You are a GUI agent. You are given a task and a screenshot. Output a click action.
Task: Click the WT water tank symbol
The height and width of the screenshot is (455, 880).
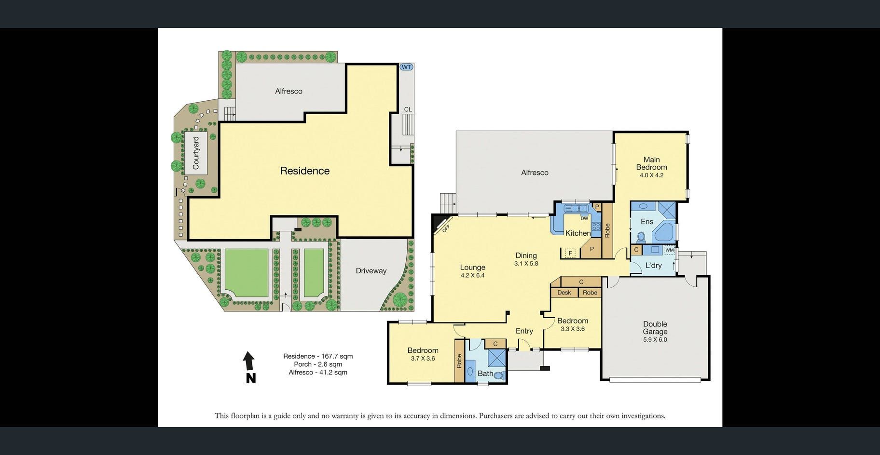(x=406, y=67)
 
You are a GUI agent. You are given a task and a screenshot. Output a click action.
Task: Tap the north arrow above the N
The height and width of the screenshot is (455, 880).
(x=248, y=361)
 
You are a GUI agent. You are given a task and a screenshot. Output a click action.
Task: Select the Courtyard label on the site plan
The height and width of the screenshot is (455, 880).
(x=196, y=153)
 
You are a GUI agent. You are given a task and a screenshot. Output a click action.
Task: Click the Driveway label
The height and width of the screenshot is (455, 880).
(x=371, y=271)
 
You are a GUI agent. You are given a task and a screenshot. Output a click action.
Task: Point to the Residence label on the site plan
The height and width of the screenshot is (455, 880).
(x=305, y=171)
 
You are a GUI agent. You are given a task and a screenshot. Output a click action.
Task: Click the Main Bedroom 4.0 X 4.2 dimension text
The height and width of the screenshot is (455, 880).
(x=651, y=175)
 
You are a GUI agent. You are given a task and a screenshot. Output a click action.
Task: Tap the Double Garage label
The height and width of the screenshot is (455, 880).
(x=655, y=328)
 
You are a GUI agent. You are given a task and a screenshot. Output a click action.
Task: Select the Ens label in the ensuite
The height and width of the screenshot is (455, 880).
(x=647, y=222)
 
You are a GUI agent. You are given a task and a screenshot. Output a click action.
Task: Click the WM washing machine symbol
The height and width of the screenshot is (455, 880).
(x=669, y=250)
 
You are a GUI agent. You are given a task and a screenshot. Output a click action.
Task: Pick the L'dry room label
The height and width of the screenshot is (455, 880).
(x=654, y=266)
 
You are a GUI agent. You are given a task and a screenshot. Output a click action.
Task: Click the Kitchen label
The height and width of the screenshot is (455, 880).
(x=578, y=233)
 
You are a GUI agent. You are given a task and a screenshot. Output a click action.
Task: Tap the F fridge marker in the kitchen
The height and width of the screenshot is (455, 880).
(x=571, y=253)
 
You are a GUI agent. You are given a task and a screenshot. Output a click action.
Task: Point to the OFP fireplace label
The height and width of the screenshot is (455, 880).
(x=446, y=228)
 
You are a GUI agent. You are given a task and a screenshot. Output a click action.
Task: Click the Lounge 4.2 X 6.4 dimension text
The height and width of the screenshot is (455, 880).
(x=472, y=276)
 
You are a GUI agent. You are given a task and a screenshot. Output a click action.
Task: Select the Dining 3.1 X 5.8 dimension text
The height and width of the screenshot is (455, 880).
(x=526, y=264)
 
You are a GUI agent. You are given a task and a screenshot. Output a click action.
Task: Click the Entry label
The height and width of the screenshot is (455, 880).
(x=524, y=331)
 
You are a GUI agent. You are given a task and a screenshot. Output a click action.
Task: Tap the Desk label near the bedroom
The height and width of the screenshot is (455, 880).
(x=564, y=293)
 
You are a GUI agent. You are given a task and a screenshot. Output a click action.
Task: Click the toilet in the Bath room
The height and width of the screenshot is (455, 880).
(x=499, y=375)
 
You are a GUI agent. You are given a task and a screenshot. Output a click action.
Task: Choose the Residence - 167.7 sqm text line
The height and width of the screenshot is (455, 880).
(x=318, y=356)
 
